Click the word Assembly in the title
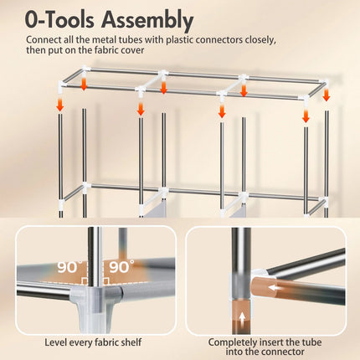pos(147,20)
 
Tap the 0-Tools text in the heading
pos(59,19)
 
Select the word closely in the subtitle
pos(260,40)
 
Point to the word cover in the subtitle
pos(132,50)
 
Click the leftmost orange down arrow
pos(59,105)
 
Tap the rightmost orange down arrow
pos(327,95)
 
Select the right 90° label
pos(121,266)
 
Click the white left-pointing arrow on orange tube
pos(274,287)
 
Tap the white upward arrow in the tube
pos(242,317)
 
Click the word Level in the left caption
pos(55,342)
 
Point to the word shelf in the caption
pos(131,342)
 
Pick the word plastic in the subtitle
pos(179,40)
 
